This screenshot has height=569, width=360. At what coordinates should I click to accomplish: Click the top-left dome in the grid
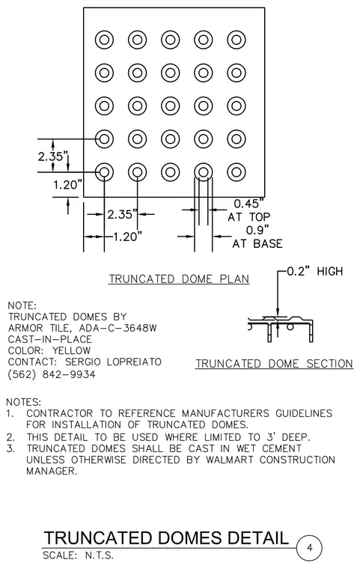(x=104, y=40)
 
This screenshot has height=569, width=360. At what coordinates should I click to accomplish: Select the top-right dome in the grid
(x=237, y=40)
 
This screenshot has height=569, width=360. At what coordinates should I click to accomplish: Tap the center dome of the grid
(x=170, y=106)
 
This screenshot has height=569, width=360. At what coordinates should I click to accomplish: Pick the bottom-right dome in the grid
(x=237, y=172)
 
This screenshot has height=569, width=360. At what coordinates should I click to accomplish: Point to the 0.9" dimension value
(x=257, y=230)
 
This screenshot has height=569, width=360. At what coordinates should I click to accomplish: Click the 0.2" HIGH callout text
(x=314, y=271)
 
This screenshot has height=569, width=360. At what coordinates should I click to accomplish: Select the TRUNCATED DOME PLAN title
(x=180, y=279)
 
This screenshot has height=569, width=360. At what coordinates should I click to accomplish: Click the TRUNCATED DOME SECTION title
(x=274, y=364)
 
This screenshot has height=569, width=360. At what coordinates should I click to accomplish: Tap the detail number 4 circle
(x=309, y=547)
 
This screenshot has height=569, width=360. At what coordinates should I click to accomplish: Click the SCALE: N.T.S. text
(x=78, y=556)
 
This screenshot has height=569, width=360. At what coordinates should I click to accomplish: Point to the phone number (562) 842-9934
(x=52, y=374)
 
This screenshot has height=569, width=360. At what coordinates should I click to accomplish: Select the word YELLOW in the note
(x=72, y=350)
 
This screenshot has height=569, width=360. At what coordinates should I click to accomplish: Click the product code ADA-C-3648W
(x=118, y=328)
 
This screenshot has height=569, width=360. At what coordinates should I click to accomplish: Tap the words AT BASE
(x=257, y=243)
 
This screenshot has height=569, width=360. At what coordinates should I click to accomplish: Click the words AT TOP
(x=249, y=217)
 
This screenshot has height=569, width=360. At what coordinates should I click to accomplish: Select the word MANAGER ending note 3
(x=52, y=472)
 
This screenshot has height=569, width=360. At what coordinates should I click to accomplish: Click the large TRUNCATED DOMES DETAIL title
(x=166, y=538)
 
